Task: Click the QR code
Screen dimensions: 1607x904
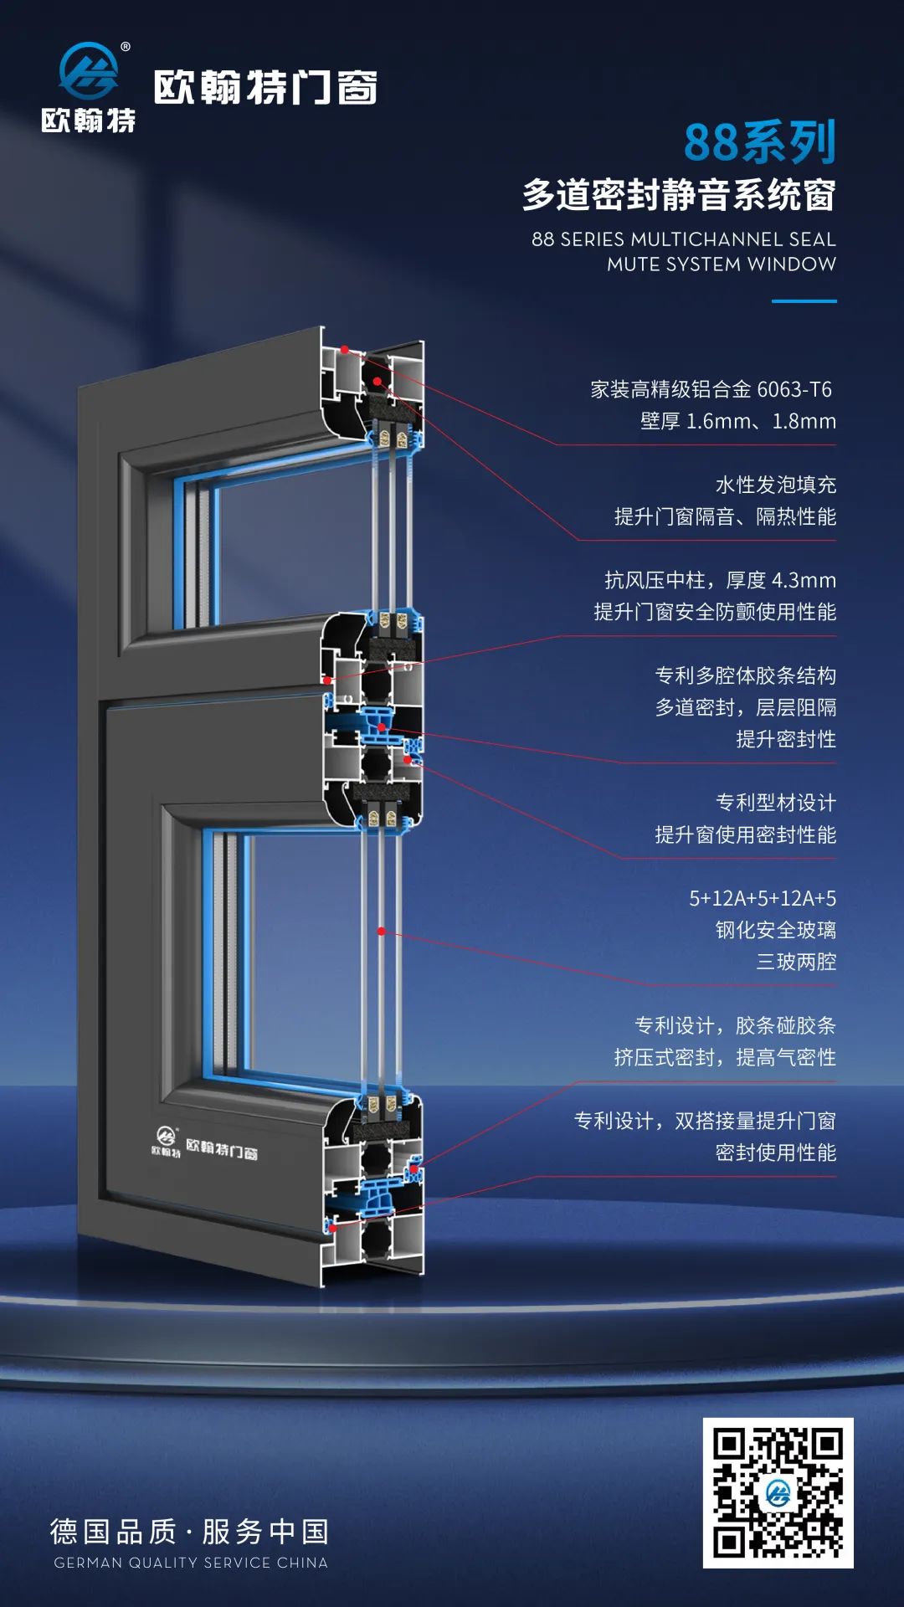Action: (778, 1492)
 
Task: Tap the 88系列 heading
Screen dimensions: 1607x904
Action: (759, 142)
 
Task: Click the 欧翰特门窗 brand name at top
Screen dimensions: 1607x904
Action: (265, 88)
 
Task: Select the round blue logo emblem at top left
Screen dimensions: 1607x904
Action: (88, 71)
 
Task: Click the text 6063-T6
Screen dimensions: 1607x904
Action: (794, 390)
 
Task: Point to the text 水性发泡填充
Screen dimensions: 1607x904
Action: (775, 485)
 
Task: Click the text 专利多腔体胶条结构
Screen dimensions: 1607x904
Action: (745, 676)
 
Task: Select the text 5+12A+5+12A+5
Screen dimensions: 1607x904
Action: (762, 899)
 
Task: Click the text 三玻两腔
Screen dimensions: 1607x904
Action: (795, 963)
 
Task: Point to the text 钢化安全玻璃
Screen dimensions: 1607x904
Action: (775, 931)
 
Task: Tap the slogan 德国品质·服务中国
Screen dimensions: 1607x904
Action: (190, 1532)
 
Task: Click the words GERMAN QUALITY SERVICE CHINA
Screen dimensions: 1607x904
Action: (191, 1563)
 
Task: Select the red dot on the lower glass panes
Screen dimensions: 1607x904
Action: (381, 932)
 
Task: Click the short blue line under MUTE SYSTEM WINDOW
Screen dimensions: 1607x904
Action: (804, 301)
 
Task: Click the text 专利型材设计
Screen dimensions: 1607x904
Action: (775, 803)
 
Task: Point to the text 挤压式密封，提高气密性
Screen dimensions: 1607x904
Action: (725, 1058)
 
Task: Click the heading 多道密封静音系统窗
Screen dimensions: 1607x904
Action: (678, 195)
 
